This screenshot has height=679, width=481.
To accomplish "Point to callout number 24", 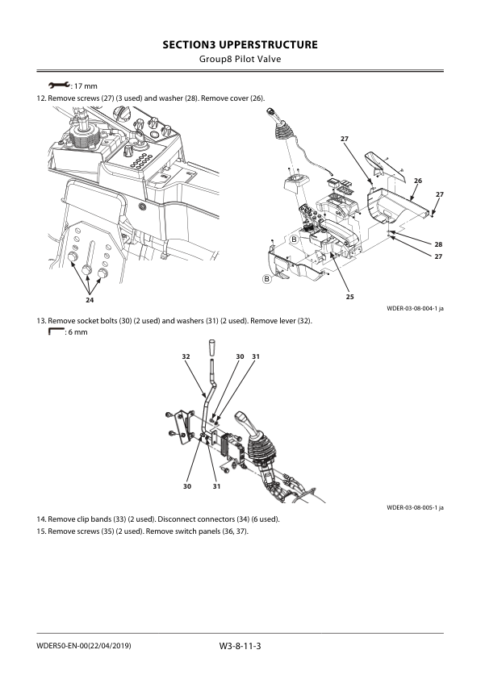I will pos(90,300).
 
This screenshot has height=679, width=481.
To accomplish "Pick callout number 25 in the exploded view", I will pos(349,297).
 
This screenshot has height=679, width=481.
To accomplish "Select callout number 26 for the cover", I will pos(418,181).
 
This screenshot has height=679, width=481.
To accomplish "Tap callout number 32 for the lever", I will pos(186,356).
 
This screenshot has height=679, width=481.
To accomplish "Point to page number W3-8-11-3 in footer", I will pos(240,648).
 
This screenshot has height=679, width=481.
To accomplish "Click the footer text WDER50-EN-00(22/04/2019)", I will pos(84,648).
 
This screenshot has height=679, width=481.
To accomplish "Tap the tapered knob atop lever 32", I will pos(211,348).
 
